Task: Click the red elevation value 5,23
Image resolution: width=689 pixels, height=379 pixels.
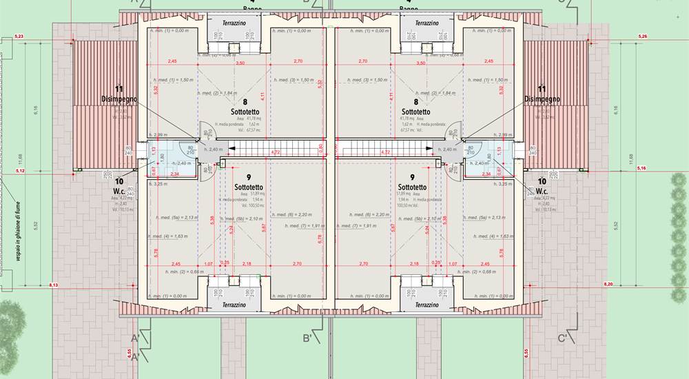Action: coord(19,36)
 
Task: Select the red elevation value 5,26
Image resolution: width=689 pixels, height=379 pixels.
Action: coord(643,36)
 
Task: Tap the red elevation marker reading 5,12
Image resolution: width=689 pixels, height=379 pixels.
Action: coord(19,170)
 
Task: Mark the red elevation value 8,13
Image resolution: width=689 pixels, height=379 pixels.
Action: coord(54,285)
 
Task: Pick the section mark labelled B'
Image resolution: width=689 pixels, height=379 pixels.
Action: coord(309,338)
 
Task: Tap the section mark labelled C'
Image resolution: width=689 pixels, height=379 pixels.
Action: coord(562,338)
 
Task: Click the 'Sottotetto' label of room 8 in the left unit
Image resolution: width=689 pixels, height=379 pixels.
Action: coord(245,111)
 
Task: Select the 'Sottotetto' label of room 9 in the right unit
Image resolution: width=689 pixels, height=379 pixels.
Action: coord(412,187)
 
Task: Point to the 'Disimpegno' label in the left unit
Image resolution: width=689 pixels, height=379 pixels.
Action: coord(119,99)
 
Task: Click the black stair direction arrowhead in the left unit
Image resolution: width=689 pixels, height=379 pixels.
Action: coord(232,147)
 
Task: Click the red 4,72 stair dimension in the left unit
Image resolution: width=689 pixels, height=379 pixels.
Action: coord(276,152)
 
